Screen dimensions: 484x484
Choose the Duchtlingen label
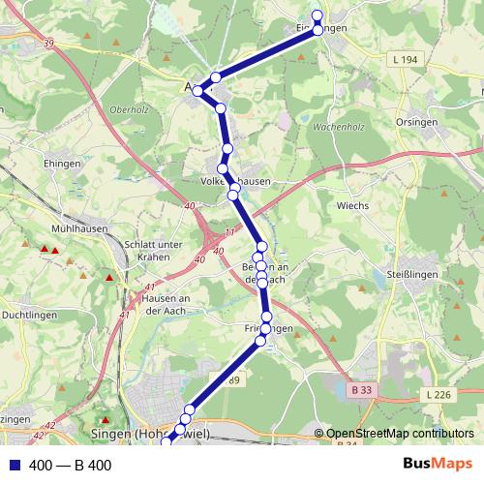(x=28, y=315)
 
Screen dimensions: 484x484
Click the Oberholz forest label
(x=130, y=109)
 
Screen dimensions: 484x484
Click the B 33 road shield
(x=361, y=389)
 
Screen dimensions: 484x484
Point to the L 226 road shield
(x=439, y=394)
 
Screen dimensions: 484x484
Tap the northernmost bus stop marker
(x=317, y=15)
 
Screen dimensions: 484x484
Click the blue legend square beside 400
(x=11, y=466)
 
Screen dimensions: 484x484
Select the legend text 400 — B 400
(x=71, y=466)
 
